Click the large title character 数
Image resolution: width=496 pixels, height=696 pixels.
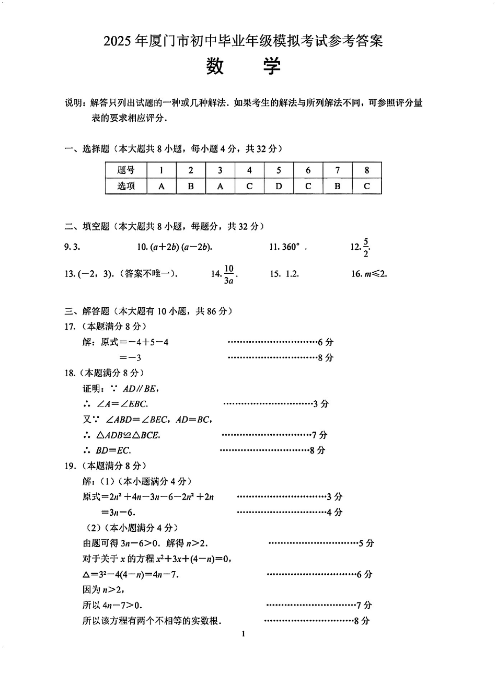(215, 66)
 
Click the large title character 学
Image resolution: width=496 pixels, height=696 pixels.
(271, 66)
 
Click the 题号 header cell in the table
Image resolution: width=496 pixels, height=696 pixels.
(126, 170)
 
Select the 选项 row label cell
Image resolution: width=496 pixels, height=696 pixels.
(126, 186)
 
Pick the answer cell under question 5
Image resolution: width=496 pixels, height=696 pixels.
(279, 186)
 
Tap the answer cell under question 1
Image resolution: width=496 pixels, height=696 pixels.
(162, 186)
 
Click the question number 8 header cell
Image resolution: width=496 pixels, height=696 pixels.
(366, 170)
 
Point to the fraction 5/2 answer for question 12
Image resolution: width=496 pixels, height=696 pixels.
(366, 247)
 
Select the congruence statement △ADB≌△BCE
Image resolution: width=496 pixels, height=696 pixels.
(128, 435)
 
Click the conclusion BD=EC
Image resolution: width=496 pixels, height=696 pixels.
(113, 450)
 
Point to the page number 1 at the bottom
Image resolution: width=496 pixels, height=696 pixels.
(244, 635)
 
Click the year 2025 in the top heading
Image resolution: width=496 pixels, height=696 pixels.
(118, 41)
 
